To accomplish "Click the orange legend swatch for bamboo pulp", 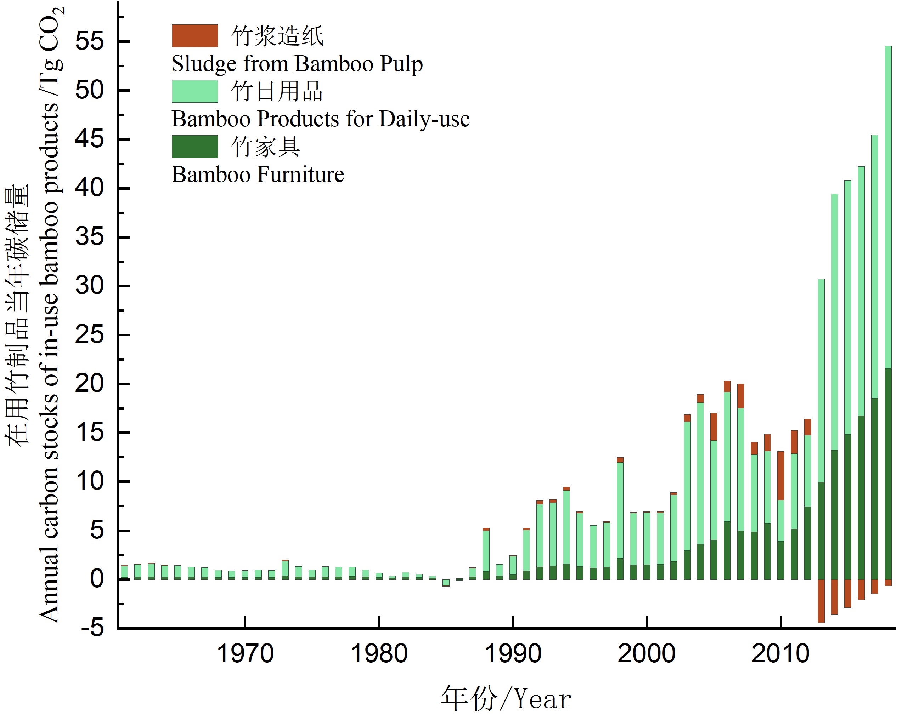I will point(194,36).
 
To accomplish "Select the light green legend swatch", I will point(194,91).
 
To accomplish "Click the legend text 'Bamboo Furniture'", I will point(258,174).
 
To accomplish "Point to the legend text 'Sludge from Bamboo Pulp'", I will point(297,64).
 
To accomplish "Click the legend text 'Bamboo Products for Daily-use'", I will point(320,119).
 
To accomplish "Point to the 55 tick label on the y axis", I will point(89,41).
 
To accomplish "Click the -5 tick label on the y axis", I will point(92,627).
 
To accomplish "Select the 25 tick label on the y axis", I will point(89,334).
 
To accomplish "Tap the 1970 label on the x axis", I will point(245,654).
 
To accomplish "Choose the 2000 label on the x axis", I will point(646,654).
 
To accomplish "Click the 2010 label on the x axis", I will point(780,654).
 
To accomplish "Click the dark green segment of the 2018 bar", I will point(888,474).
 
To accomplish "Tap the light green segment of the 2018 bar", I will point(888,208).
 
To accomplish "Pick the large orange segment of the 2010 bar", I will point(780,476).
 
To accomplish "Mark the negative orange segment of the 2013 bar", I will point(821,601).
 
